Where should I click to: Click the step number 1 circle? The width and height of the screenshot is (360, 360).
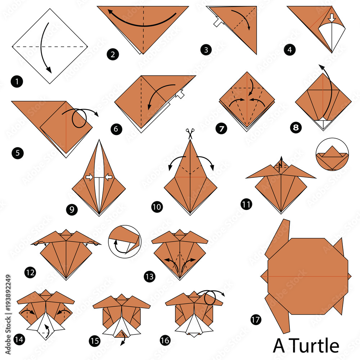[x=17, y=82]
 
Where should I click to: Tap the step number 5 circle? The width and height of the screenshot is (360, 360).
[x=17, y=153]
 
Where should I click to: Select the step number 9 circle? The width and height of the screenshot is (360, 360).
[x=72, y=210]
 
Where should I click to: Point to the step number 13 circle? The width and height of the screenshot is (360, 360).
[x=149, y=276]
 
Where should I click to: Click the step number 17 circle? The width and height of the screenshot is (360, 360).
[x=256, y=319]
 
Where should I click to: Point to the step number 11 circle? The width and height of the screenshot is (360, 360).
[x=246, y=204]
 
